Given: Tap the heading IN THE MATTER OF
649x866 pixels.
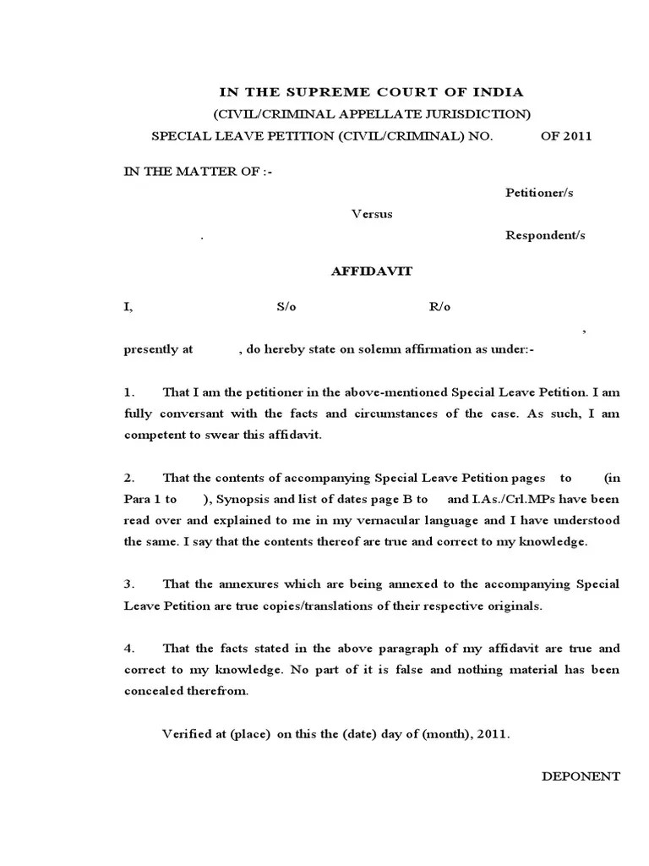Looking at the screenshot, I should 199,171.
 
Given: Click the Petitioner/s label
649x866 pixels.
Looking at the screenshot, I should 539,193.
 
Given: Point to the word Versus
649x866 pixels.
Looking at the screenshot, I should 372,214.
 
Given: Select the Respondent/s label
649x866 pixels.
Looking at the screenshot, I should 545,236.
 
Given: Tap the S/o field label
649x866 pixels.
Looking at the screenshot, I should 286,307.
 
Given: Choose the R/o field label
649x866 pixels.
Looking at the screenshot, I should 440,307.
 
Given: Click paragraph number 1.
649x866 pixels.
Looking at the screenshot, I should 129,392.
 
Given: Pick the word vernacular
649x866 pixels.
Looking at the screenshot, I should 387,520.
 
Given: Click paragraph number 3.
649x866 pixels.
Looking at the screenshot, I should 129,584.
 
